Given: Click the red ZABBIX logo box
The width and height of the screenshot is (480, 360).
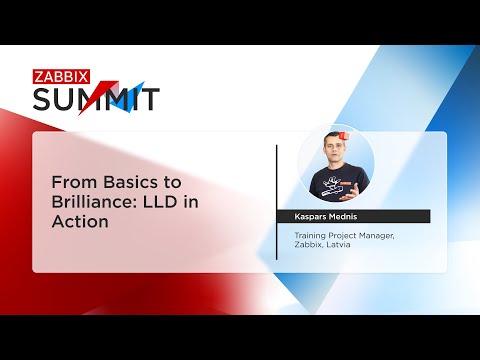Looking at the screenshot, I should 60,75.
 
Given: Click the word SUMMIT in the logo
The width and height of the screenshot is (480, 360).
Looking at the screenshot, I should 96,99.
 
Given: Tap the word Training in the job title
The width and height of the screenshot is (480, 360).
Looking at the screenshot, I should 310,235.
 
